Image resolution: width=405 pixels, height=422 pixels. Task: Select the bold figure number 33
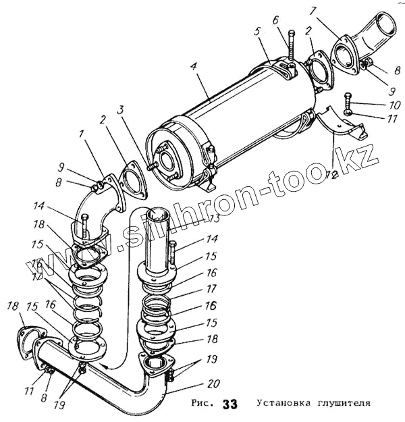230,405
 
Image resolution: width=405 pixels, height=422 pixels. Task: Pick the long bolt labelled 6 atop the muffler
290,47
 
